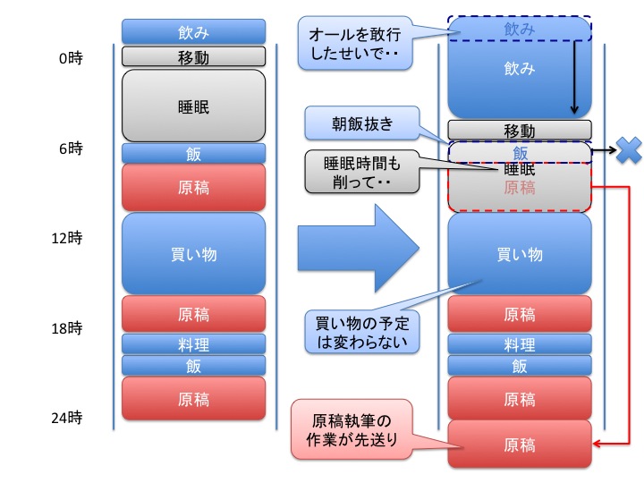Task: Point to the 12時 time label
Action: click(70, 238)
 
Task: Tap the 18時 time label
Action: click(70, 327)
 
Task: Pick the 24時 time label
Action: click(70, 417)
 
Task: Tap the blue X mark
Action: click(629, 150)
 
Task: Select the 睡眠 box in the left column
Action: click(194, 106)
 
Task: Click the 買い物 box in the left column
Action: click(194, 254)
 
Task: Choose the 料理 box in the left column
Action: click(194, 344)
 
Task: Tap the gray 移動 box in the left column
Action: click(194, 56)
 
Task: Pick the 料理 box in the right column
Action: click(520, 344)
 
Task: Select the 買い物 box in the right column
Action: click(520, 254)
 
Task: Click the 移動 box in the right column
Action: click(520, 131)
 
